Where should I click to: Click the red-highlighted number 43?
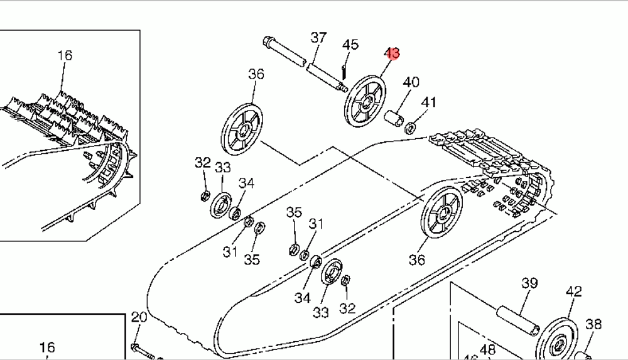pos(392,53)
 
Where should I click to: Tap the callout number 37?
pos(319,38)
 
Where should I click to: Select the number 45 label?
pos(350,45)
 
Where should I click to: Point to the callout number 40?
pos(411,82)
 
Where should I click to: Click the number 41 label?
pos(428,102)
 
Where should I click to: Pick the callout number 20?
pos(139,317)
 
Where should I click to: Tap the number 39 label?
pos(529,283)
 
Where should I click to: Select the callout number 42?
pos(573,292)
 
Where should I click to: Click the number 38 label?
pos(593,324)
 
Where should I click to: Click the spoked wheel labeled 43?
pos(364,99)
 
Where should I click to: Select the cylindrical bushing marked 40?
pos(394,119)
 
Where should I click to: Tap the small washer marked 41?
pos(409,128)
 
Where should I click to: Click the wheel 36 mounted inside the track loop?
pos(443,215)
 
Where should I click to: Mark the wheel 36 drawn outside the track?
pos(242,129)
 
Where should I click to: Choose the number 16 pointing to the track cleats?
pos(65,55)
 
